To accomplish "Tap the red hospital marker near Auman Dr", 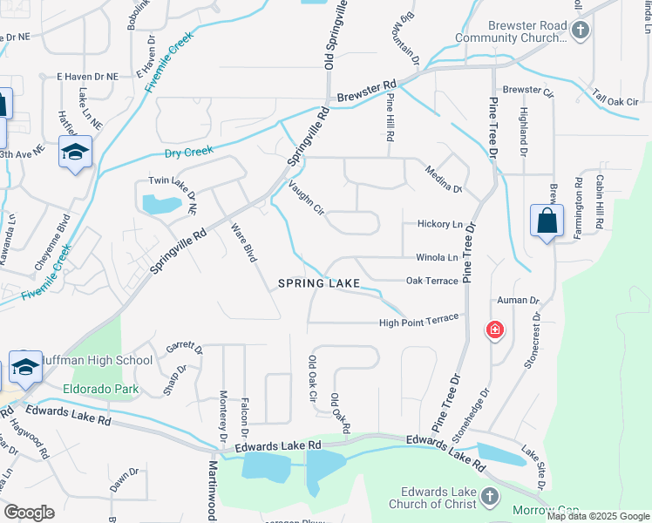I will [494, 330].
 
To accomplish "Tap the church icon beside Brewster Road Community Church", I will [581, 31].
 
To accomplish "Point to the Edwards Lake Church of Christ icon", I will [490, 497].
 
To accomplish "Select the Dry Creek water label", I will [188, 153].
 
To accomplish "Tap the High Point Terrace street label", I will [418, 323].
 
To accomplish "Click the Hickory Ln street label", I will [438, 224].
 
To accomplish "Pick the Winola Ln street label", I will [436, 257].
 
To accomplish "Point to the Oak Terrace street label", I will [431, 281].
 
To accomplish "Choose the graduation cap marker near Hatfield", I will [76, 153].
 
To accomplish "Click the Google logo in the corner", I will [30, 513].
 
